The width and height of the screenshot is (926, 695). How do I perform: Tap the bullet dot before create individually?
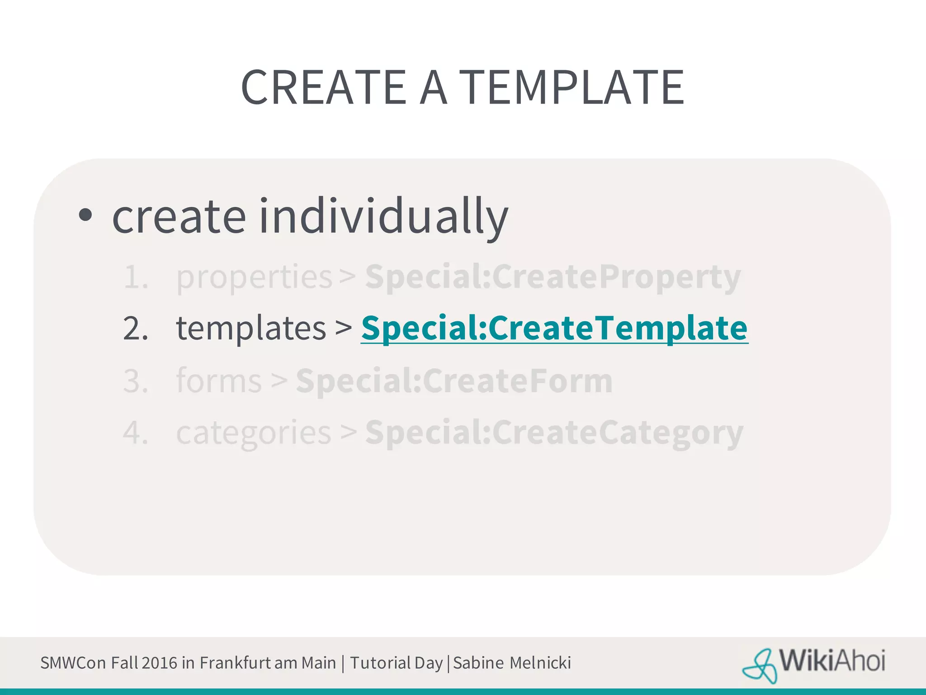[x=85, y=216]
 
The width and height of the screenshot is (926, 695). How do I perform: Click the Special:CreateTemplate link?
[x=554, y=328]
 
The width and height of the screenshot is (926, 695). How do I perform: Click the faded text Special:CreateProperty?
[x=553, y=277]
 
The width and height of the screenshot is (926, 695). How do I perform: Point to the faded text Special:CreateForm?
[x=454, y=381]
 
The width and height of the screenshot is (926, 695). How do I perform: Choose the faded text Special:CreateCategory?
[x=554, y=433]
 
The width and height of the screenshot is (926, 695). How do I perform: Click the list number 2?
[x=135, y=328]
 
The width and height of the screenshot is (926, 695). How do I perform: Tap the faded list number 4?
[x=135, y=433]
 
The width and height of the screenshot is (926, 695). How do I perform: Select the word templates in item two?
[x=251, y=328]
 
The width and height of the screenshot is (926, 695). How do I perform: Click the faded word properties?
[x=254, y=277]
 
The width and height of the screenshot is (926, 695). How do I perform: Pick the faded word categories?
[x=254, y=433]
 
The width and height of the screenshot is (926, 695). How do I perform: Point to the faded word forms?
[x=219, y=381]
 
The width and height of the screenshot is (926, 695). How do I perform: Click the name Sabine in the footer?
[x=478, y=663]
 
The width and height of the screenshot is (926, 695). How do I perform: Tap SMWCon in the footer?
[x=73, y=663]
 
